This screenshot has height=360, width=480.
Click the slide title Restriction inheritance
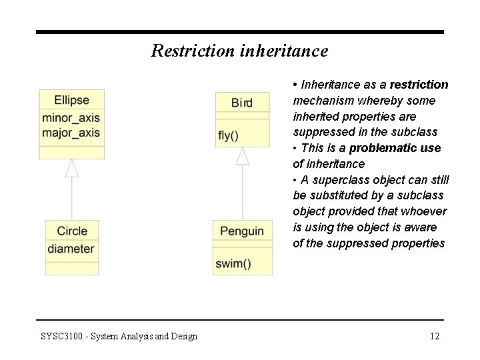pyautogui.click(x=239, y=51)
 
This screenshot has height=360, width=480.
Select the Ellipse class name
pyautogui.click(x=71, y=100)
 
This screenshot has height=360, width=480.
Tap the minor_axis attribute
pyautogui.click(x=71, y=119)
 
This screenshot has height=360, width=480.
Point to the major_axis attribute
pyautogui.click(x=71, y=132)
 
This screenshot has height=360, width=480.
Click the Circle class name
pyautogui.click(x=72, y=231)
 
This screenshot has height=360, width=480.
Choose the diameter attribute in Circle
pyautogui.click(x=71, y=249)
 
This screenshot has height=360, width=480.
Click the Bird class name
pyautogui.click(x=242, y=103)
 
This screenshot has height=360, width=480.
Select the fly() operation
pyautogui.click(x=229, y=135)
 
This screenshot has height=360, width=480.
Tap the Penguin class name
pyautogui.click(x=242, y=231)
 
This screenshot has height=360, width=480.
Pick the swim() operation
pyautogui.click(x=233, y=263)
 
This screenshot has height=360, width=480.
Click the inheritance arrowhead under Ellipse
pyautogui.click(x=72, y=168)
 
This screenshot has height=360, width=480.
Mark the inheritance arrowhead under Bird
pyautogui.click(x=243, y=155)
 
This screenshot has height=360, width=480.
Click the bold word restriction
pyautogui.click(x=419, y=85)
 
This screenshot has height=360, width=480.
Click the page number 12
pyautogui.click(x=434, y=336)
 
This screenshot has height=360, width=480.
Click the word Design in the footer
pyautogui.click(x=182, y=336)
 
